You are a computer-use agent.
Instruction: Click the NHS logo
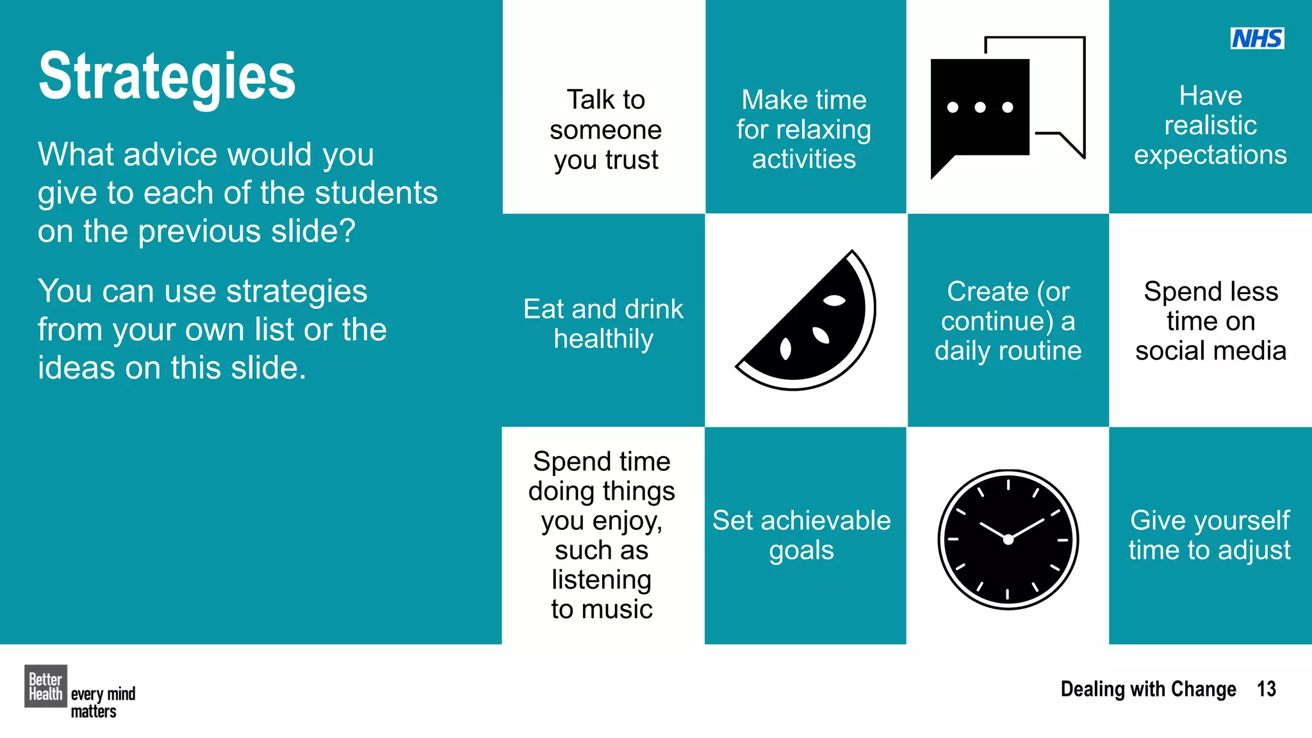click(x=1257, y=38)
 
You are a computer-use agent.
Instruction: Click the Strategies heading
click(x=167, y=77)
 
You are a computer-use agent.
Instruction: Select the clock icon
click(x=1008, y=539)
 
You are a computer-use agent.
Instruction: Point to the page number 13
click(x=1266, y=689)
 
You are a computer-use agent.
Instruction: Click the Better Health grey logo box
click(x=45, y=686)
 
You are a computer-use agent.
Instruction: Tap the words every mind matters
click(x=102, y=703)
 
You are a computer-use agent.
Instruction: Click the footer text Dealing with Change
click(x=1148, y=689)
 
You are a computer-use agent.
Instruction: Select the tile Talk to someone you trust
click(x=605, y=129)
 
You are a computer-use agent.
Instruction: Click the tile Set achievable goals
click(x=801, y=535)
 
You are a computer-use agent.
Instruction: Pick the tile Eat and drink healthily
click(x=603, y=324)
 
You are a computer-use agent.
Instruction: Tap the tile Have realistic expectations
click(x=1210, y=126)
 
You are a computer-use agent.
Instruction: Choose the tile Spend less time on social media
click(x=1210, y=321)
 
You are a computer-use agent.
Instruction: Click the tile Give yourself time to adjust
click(x=1209, y=535)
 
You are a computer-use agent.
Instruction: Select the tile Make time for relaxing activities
click(x=804, y=129)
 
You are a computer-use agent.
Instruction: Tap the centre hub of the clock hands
click(x=1008, y=539)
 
